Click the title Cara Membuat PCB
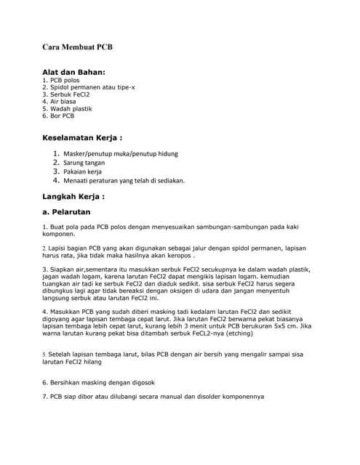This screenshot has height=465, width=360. click(77, 47)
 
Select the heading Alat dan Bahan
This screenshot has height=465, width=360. click(74, 72)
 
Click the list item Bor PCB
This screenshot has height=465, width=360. click(59, 116)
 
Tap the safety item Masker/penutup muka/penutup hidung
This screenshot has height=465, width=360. click(120, 154)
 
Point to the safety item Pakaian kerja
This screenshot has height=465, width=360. click(82, 171)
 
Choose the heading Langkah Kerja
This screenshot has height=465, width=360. click(73, 196)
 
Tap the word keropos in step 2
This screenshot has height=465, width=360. click(177, 256)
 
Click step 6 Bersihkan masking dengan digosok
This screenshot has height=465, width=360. click(98, 382)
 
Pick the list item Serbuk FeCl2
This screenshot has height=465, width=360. click(66, 94)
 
